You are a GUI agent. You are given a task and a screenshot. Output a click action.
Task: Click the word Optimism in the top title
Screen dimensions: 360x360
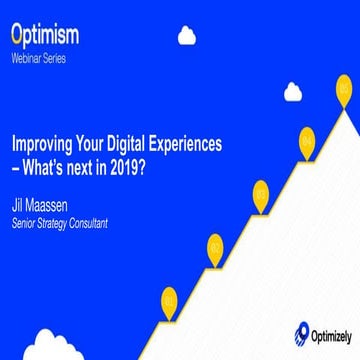pyautogui.click(x=45, y=36)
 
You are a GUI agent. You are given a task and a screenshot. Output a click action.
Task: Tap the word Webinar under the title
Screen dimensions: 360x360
pyautogui.click(x=27, y=59)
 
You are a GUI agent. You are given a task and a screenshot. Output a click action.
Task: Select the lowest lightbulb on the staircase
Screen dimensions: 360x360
pyautogui.click(x=169, y=298)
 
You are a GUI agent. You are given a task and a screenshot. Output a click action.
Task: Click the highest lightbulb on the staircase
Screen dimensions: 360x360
pyautogui.click(x=344, y=88)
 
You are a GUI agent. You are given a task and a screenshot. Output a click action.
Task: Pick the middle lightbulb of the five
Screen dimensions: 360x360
pyautogui.click(x=261, y=192)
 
